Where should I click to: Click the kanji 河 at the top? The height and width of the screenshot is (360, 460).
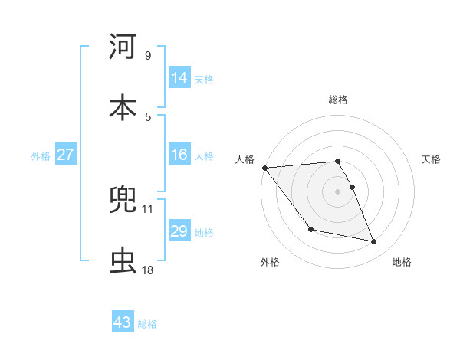(123, 47)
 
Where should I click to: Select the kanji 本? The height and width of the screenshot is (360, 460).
(123, 106)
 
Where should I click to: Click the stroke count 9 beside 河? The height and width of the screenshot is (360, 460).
(147, 56)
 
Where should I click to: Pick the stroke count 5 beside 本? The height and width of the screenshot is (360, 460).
(147, 116)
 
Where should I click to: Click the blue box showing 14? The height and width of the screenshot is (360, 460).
(179, 78)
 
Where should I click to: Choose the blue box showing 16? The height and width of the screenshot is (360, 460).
(179, 155)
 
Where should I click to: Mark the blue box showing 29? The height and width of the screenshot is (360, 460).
(179, 231)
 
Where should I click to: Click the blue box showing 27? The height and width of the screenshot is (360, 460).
(66, 155)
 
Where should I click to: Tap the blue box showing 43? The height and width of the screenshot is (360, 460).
(123, 322)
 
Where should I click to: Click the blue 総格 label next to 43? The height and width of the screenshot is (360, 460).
(147, 324)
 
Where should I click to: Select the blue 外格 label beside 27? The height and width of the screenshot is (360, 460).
(41, 156)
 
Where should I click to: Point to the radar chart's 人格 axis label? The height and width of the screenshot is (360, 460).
(246, 159)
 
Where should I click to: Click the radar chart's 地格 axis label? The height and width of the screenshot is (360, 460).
(402, 262)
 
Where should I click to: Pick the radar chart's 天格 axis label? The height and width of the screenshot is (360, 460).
(431, 159)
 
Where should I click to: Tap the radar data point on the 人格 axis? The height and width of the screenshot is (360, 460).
(264, 168)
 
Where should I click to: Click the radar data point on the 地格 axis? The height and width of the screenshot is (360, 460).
(374, 242)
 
